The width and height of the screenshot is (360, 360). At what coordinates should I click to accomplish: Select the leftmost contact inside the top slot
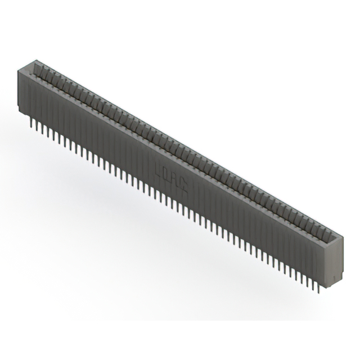38,70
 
